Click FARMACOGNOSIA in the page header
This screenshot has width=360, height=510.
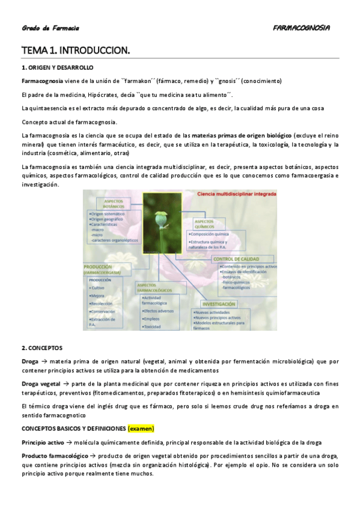pyautogui.click(x=301, y=28)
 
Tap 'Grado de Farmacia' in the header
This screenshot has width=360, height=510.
pyautogui.click(x=50, y=28)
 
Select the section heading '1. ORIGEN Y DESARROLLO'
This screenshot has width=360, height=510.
pyautogui.click(x=57, y=67)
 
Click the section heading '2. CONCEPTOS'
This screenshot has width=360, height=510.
pyautogui.click(x=41, y=348)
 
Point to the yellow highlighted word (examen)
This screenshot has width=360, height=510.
pyautogui.click(x=141, y=428)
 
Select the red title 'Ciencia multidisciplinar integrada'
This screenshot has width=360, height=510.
pyautogui.click(x=237, y=195)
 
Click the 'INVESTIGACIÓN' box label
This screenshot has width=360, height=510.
pyautogui.click(x=218, y=304)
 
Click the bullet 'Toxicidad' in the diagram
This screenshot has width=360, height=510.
pyautogui.click(x=151, y=327)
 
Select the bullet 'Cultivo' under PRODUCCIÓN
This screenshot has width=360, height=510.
pyautogui.click(x=97, y=288)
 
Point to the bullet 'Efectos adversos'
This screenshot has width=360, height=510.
pyautogui.click(x=159, y=311)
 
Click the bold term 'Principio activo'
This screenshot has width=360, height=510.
pyautogui.click(x=42, y=442)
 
